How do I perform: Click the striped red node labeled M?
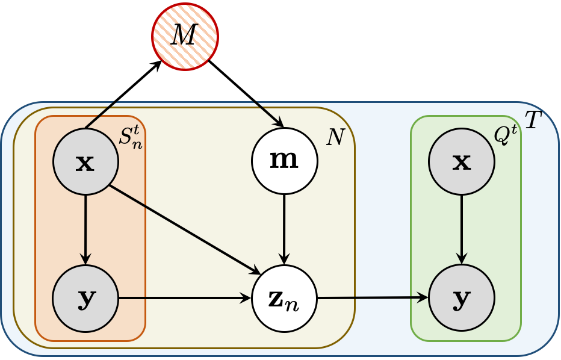[x=184, y=36]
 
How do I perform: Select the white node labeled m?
[x=284, y=161]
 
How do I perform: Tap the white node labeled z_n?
[x=284, y=297]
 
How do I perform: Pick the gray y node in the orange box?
[x=85, y=298]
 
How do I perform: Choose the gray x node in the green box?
[x=462, y=161]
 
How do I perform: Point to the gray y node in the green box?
[x=462, y=297]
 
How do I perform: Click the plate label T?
[x=533, y=121]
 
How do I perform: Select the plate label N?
[x=335, y=138]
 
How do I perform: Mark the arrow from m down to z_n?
[x=284, y=229]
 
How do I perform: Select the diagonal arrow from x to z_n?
[x=181, y=229]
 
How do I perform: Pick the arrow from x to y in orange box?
[x=85, y=229]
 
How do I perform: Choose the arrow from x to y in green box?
[x=462, y=229]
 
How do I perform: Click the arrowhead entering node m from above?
[x=278, y=122]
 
